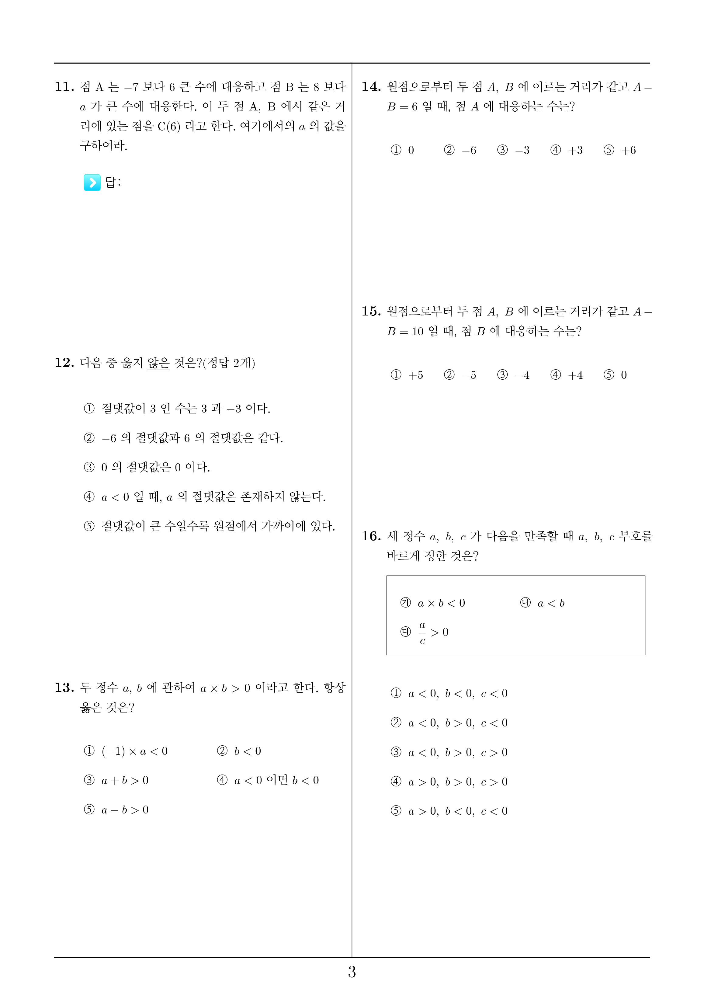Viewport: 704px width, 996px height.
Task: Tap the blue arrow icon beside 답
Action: (92, 182)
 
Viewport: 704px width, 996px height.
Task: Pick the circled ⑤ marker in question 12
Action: (89, 526)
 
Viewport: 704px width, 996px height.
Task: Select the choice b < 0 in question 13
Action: (247, 751)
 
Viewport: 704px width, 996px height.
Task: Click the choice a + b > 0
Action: (125, 780)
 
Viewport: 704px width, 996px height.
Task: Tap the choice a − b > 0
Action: (125, 810)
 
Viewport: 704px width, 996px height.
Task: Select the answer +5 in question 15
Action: (415, 375)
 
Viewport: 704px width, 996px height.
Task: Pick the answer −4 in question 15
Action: (522, 375)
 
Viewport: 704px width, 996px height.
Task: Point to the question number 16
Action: (371, 536)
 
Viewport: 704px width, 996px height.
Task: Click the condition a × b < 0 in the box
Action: (441, 603)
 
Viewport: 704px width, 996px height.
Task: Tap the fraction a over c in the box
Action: (422, 632)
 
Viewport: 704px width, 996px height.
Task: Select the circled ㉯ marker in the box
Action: (525, 603)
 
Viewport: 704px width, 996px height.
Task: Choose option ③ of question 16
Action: (449, 752)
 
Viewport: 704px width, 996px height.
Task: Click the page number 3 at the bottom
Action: (352, 972)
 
